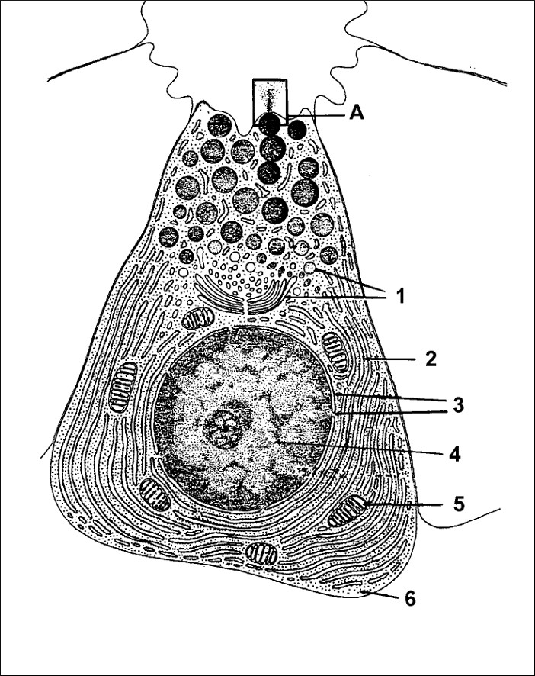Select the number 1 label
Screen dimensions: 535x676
click(401, 296)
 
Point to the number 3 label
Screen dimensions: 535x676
click(457, 405)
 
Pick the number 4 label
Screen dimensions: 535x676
click(455, 454)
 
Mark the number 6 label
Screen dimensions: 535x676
click(410, 598)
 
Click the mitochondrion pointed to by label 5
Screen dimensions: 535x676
click(346, 511)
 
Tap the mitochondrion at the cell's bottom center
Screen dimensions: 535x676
click(261, 554)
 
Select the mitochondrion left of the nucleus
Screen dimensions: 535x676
click(123, 387)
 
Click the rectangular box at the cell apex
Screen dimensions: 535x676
click(270, 102)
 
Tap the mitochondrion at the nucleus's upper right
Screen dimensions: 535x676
click(335, 352)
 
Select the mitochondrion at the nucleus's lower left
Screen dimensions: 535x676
click(155, 494)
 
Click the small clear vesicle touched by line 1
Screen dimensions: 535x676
click(309, 268)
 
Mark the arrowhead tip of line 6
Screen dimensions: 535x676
click(361, 592)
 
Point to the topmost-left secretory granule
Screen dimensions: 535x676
click(219, 125)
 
